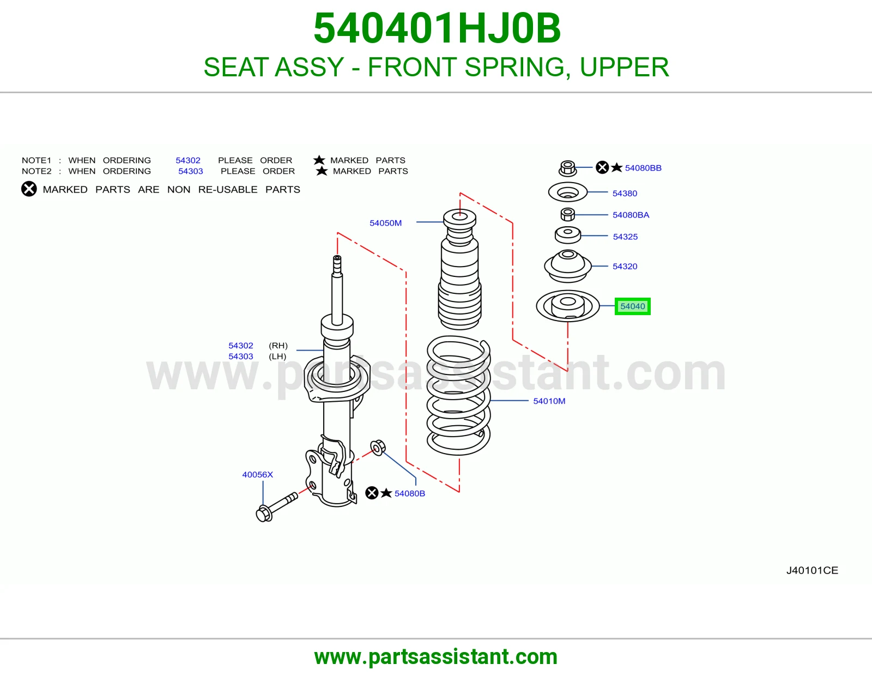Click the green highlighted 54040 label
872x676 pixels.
pyautogui.click(x=632, y=306)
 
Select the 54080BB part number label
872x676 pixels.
pyautogui.click(x=643, y=168)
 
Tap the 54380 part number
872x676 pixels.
pyautogui.click(x=625, y=193)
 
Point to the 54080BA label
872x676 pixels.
pyautogui.click(x=631, y=215)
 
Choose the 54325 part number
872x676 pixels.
pyautogui.click(x=625, y=237)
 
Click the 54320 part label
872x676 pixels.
pyautogui.click(x=625, y=266)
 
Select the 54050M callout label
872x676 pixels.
pyautogui.click(x=386, y=223)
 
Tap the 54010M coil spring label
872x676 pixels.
pyautogui.click(x=549, y=401)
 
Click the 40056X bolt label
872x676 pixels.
pyautogui.click(x=258, y=474)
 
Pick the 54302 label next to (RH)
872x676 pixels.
pyautogui.click(x=241, y=345)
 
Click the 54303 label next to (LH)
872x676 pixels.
pyautogui.click(x=241, y=356)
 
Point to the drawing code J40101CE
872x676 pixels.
pyautogui.click(x=812, y=570)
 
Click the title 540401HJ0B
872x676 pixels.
pyautogui.click(x=437, y=28)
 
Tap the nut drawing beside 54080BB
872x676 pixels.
pyautogui.click(x=567, y=168)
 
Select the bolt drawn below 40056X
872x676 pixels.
pyautogui.click(x=277, y=507)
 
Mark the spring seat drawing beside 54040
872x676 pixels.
pyautogui.click(x=567, y=306)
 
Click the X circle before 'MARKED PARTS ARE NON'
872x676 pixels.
pyautogui.click(x=29, y=189)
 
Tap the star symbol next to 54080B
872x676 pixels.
pyautogui.click(x=386, y=492)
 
